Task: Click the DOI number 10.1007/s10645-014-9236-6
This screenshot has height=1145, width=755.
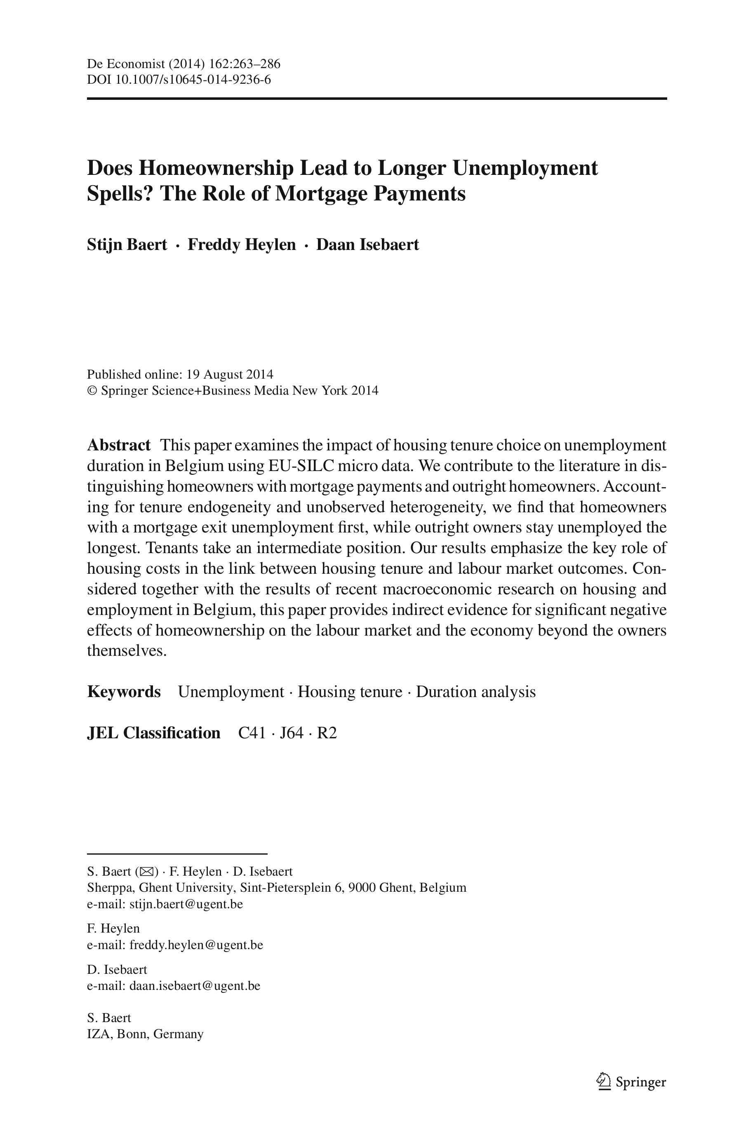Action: tap(192, 80)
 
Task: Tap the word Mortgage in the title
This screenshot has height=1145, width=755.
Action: tap(322, 193)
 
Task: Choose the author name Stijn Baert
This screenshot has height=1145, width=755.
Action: tap(127, 245)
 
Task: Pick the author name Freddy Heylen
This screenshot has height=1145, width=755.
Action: tap(241, 245)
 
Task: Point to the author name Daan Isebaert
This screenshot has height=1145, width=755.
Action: tap(367, 245)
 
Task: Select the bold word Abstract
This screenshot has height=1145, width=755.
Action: tap(118, 445)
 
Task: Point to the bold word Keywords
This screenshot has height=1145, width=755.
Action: tap(124, 692)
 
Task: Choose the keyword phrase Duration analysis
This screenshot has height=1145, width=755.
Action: tap(476, 692)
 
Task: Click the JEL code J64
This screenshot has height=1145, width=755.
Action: tap(292, 733)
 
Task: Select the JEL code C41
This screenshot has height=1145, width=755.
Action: tap(252, 733)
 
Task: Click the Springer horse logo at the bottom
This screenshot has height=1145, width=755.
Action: tap(603, 1082)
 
